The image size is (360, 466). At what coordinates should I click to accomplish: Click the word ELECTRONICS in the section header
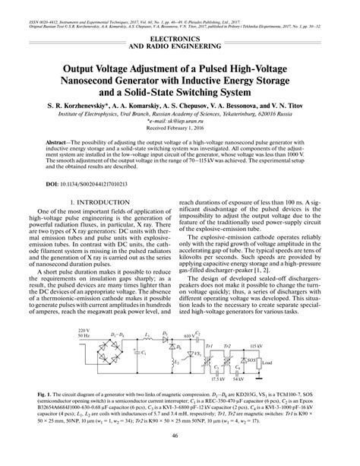[179, 36]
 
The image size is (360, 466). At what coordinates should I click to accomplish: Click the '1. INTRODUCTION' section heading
[100, 223]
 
